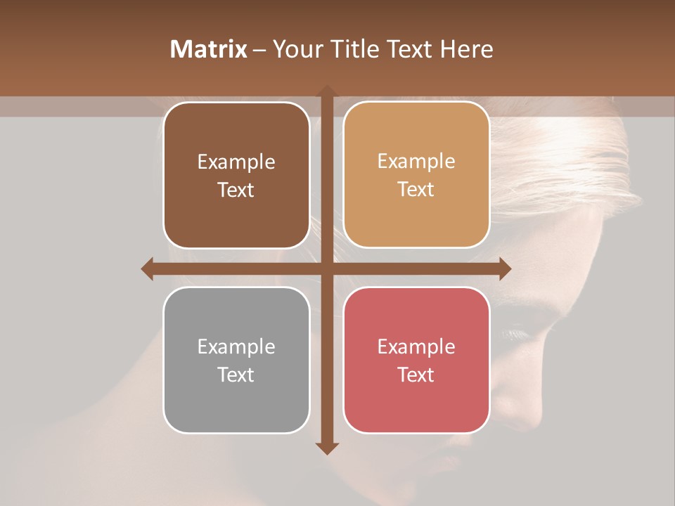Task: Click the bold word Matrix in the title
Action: pyautogui.click(x=209, y=49)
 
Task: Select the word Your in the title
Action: pyautogui.click(x=297, y=49)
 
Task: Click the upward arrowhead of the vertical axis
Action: pyautogui.click(x=326, y=91)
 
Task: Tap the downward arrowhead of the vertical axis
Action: pyautogui.click(x=326, y=448)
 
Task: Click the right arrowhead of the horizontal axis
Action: pyautogui.click(x=505, y=268)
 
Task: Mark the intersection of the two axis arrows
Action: pyautogui.click(x=326, y=268)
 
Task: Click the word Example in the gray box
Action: pyautogui.click(x=236, y=346)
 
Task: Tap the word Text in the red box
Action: pyautogui.click(x=416, y=375)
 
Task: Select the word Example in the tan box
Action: pyautogui.click(x=416, y=162)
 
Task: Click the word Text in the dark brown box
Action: pyautogui.click(x=236, y=190)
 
